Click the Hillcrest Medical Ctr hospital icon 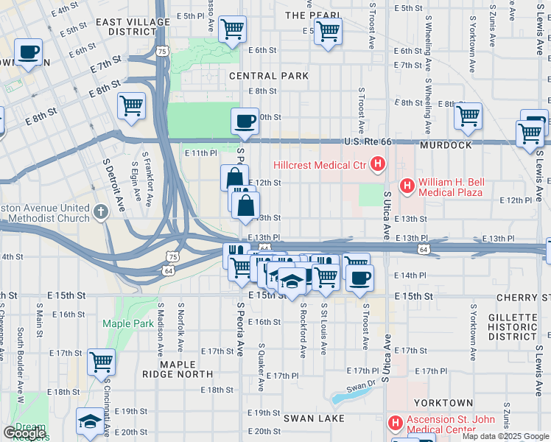coord(378,164)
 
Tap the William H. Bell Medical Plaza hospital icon coord(405,186)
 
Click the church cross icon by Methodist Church coord(102,213)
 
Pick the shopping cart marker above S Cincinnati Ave coord(101,362)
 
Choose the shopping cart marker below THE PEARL coord(328,32)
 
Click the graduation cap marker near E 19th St coord(90,421)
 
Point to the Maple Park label coord(127,323)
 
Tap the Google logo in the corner coord(24,433)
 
